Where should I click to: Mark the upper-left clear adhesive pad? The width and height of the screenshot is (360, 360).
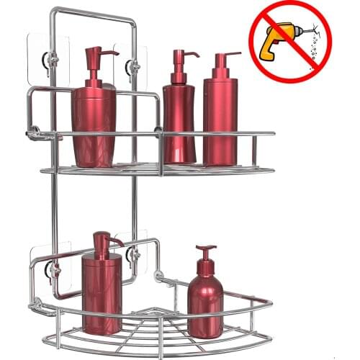[x=49, y=54]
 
